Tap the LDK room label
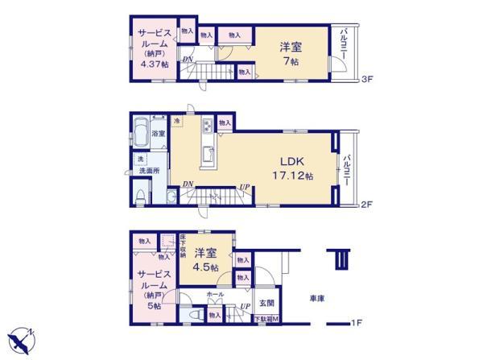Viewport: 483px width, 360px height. point(292,159)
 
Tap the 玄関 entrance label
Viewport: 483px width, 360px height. point(266,304)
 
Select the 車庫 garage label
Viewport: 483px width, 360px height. point(317,298)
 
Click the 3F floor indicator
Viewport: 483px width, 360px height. point(365,79)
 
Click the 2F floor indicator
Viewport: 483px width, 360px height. point(365,205)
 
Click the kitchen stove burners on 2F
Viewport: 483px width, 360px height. point(207,126)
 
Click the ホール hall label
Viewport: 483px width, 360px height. point(215,296)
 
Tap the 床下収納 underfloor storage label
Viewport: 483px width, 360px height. point(184,246)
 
